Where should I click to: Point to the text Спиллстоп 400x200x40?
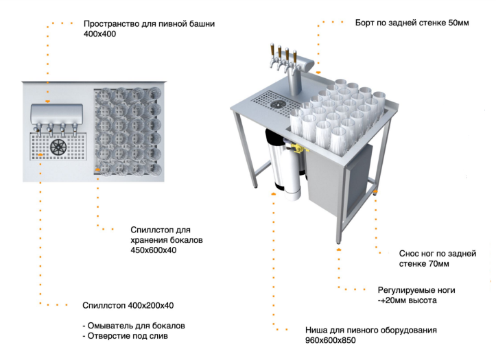point(126,304)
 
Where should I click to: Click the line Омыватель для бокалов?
point(134,325)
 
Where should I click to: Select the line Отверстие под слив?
point(126,336)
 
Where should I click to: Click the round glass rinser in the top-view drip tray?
point(58,146)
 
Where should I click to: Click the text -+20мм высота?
point(408,300)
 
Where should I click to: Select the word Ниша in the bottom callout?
point(316,330)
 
